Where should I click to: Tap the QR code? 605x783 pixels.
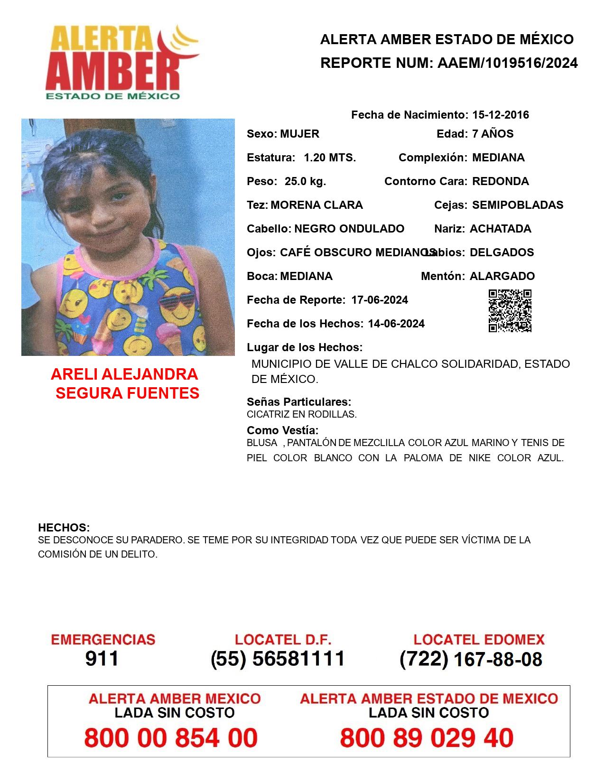(510, 311)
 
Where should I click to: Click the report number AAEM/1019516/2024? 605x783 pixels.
(507, 63)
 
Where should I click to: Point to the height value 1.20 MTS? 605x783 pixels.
(330, 158)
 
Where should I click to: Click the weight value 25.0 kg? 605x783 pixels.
(305, 181)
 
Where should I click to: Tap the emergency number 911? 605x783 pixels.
(102, 659)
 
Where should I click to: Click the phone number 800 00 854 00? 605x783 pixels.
(171, 738)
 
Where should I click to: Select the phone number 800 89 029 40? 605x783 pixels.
(427, 738)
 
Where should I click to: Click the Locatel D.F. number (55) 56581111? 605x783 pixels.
(278, 659)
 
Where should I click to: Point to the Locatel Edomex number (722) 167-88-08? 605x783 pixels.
(471, 659)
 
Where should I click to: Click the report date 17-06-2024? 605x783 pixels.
(380, 300)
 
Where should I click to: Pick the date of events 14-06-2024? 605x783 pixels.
(396, 324)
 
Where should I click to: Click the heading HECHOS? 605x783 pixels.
(64, 528)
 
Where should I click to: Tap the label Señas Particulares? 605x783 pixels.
(299, 402)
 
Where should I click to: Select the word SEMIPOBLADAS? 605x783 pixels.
(518, 205)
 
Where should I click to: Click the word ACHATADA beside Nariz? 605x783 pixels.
(500, 229)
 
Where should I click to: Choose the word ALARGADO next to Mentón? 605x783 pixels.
(502, 276)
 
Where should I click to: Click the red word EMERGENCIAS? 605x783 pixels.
(103, 640)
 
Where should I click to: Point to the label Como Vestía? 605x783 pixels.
(282, 430)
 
